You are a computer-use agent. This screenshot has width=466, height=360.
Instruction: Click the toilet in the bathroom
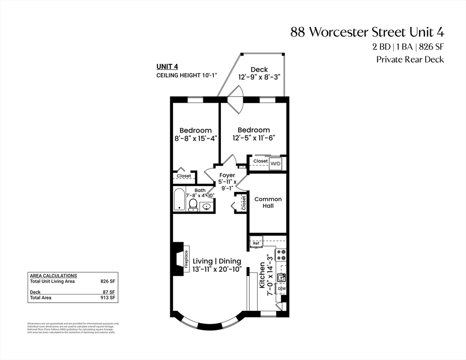pyautogui.click(x=192, y=205)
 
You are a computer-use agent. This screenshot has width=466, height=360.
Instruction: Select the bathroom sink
pyautogui.click(x=206, y=206)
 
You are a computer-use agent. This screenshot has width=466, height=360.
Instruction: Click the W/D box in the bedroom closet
pyautogui.click(x=276, y=163)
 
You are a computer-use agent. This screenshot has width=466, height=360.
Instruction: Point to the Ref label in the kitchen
pyautogui.click(x=256, y=243)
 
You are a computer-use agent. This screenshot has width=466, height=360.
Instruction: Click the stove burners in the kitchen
pyautogui.click(x=281, y=255)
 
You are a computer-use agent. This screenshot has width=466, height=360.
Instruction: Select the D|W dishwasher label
pyautogui.click(x=281, y=289)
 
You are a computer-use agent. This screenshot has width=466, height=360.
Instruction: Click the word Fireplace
pyautogui.click(x=186, y=259)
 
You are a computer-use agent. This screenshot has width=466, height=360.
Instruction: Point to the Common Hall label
pyautogui.click(x=268, y=202)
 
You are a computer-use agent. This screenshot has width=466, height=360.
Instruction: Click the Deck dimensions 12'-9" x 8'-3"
pyautogui.click(x=259, y=78)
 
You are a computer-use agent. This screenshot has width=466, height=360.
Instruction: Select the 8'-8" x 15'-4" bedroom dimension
pyautogui.click(x=195, y=138)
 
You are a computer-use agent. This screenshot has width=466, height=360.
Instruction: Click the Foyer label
pyautogui.click(x=227, y=175)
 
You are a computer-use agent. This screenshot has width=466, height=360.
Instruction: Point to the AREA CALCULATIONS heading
pyautogui.click(x=53, y=276)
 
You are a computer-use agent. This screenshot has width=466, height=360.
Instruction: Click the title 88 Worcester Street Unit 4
pyautogui.click(x=367, y=32)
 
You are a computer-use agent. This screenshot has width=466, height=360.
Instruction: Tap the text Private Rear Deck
pyautogui.click(x=410, y=60)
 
